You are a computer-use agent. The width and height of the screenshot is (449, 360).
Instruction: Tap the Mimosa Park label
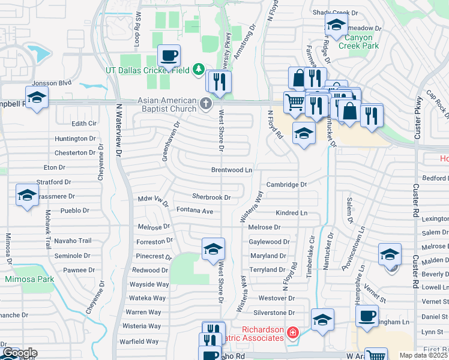pyautogui.click(x=29, y=278)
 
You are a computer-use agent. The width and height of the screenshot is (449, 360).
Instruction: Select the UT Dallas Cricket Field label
pyautogui.click(x=148, y=70)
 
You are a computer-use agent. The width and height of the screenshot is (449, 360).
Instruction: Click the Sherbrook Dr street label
pyautogui.click(x=211, y=197)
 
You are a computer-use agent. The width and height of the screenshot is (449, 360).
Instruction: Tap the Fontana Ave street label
pyautogui.click(x=195, y=211)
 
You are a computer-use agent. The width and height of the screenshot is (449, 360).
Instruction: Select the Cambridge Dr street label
pyautogui.click(x=287, y=185)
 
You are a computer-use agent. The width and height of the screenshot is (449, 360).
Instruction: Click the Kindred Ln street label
pyautogui.click(x=292, y=213)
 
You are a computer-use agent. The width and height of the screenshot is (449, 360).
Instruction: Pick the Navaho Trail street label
pyautogui.click(x=73, y=241)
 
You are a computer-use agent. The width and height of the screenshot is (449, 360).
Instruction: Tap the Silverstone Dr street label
pyautogui.click(x=274, y=313)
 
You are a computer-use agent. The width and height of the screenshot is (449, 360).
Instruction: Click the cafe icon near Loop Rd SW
pyautogui.click(x=169, y=56)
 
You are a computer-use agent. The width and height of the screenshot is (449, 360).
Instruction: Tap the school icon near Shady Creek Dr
pyautogui.click(x=336, y=25)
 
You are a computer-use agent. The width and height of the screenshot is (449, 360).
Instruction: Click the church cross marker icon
pyautogui.click(x=206, y=104)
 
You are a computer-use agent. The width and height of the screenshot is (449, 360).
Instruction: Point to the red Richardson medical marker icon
pyautogui.click(x=292, y=332)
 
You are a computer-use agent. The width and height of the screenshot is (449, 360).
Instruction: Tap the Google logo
pyautogui.click(x=19, y=353)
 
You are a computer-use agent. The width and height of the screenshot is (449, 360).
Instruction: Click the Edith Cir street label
pyautogui.click(x=84, y=124)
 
